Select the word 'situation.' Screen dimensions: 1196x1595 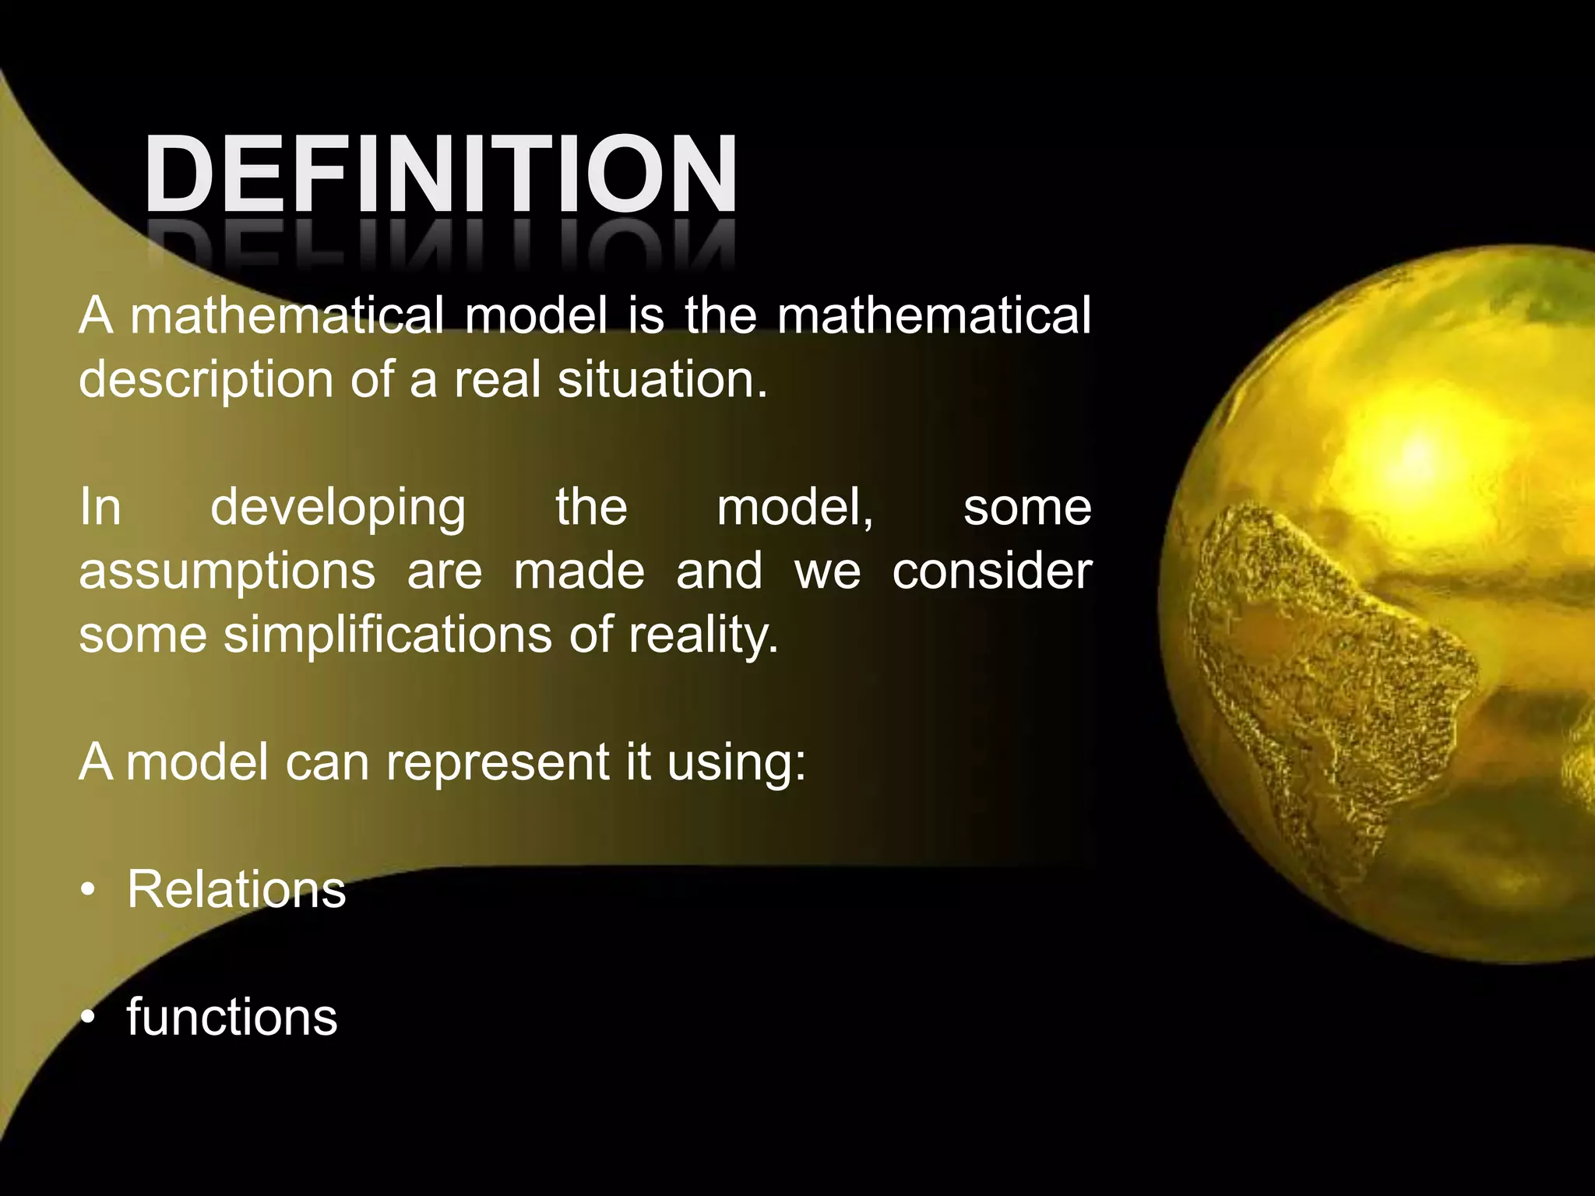662,380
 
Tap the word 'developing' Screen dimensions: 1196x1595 338,508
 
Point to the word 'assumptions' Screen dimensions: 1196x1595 227,572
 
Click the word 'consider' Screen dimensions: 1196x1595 991,572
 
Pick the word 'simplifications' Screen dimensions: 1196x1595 388,635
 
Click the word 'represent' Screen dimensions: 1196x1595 498,762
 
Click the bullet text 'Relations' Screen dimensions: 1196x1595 236,889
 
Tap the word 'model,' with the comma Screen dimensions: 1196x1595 794,508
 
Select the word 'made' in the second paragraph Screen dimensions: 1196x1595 579,572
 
